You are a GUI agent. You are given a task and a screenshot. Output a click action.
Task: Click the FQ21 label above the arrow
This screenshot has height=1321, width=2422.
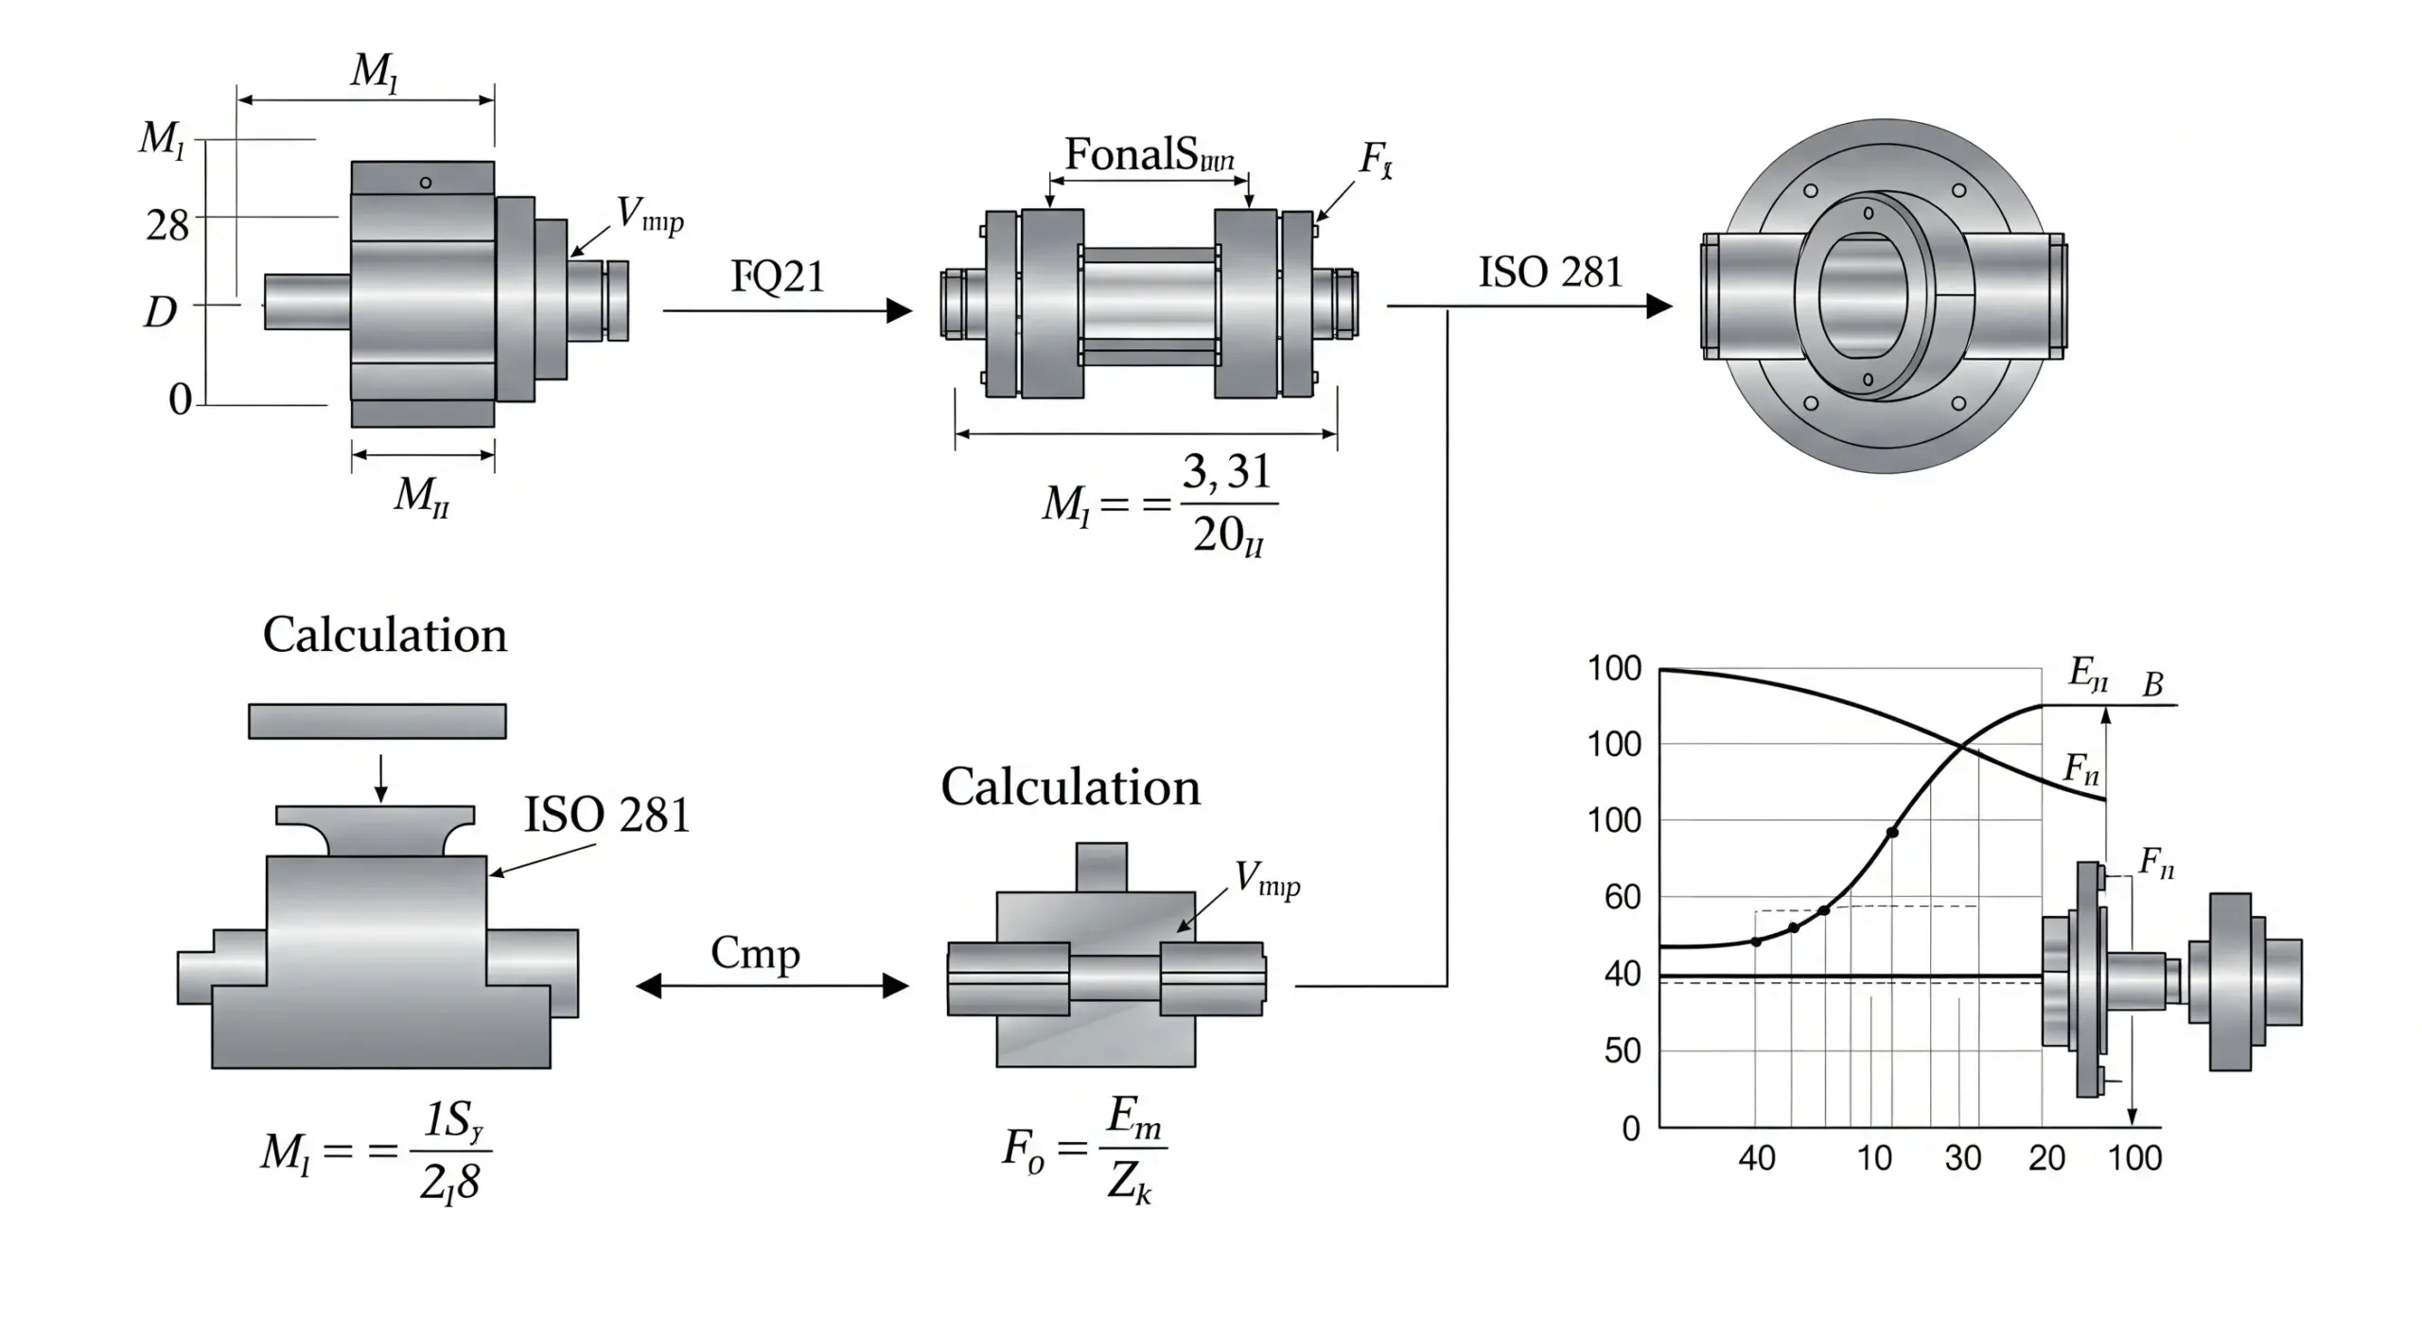(778, 276)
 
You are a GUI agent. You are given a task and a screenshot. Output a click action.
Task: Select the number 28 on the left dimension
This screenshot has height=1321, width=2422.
(167, 225)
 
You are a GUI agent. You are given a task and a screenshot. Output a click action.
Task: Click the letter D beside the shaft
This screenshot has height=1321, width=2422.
(160, 311)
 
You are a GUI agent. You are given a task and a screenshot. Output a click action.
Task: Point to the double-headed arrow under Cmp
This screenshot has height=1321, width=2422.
(772, 986)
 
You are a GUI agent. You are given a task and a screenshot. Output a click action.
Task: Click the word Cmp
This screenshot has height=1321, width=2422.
(755, 954)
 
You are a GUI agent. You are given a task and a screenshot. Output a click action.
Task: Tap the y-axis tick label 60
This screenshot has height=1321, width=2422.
(1623, 896)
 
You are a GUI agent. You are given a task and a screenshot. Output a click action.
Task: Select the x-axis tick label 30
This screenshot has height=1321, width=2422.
(1962, 1157)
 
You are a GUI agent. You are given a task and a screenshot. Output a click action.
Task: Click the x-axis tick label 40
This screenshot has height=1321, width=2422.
(1757, 1157)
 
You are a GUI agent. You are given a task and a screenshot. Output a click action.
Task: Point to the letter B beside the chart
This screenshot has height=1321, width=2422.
(2152, 684)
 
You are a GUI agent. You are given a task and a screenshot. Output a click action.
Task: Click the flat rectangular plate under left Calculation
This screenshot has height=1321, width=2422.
(377, 721)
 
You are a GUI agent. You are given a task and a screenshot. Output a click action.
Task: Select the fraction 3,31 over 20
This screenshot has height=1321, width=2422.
(1228, 504)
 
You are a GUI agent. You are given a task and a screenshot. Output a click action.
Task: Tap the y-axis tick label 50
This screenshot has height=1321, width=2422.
(1623, 1050)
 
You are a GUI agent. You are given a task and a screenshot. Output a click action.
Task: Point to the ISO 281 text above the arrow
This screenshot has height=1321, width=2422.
(1550, 273)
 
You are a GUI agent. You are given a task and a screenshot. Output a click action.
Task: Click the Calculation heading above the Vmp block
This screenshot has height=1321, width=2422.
(1070, 787)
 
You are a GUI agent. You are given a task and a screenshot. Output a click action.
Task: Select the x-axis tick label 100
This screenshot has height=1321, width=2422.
(2135, 1157)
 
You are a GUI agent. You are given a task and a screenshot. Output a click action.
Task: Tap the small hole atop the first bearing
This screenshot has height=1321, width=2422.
(426, 183)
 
